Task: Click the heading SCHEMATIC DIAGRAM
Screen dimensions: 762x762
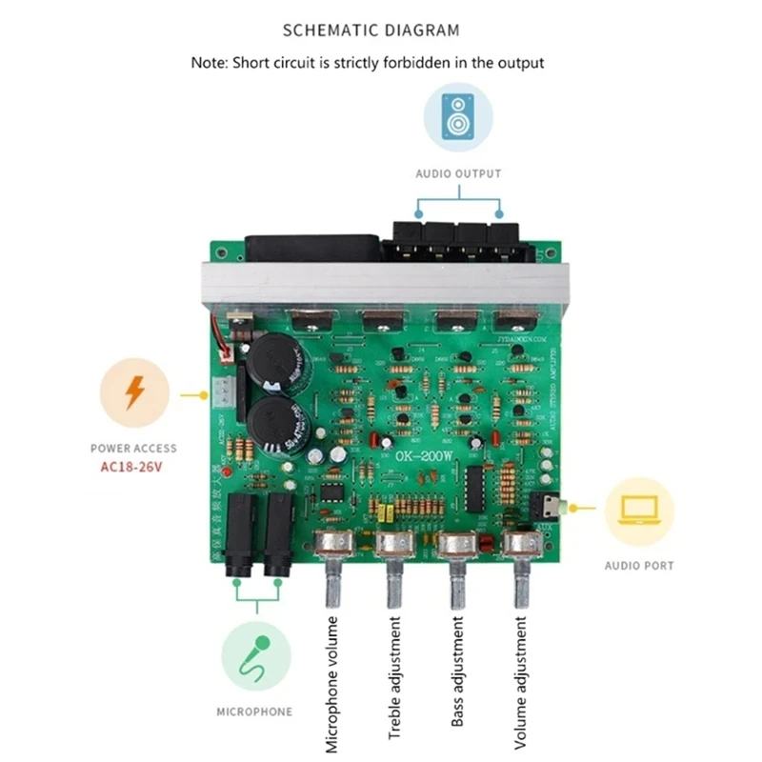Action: click(x=371, y=30)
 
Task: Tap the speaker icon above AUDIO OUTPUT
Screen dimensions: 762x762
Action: click(x=458, y=116)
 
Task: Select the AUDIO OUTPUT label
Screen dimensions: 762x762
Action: click(x=458, y=173)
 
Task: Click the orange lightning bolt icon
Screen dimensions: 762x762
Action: click(x=134, y=392)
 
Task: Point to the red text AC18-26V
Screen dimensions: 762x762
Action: click(x=133, y=466)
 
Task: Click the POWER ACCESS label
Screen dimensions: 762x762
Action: click(x=133, y=448)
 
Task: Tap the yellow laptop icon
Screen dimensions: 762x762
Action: click(x=639, y=511)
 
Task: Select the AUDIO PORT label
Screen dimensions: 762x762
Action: click(x=639, y=566)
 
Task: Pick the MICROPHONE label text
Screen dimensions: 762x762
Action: click(x=254, y=712)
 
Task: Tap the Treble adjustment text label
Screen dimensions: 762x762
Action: click(x=394, y=678)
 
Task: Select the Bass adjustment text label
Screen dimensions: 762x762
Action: click(x=457, y=672)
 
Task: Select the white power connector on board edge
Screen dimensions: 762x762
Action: click(x=220, y=391)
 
